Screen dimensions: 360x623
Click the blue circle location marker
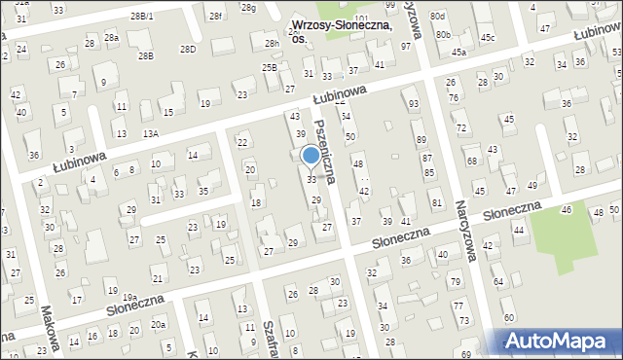pyautogui.click(x=311, y=155)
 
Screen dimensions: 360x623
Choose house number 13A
pyautogui.click(x=150, y=133)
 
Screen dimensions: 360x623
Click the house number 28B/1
pyautogui.click(x=141, y=17)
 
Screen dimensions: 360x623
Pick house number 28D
pyautogui.click(x=187, y=49)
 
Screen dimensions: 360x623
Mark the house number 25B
pyautogui.click(x=269, y=67)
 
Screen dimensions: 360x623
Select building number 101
pyautogui.click(x=361, y=18)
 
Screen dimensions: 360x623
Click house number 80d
pyautogui.click(x=438, y=17)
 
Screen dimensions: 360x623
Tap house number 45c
pyautogui.click(x=487, y=38)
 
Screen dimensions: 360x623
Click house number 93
pyautogui.click(x=414, y=104)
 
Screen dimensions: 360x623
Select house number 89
pyautogui.click(x=421, y=126)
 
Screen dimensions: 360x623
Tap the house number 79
pyautogui.click(x=456, y=282)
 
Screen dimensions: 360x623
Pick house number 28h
pyautogui.click(x=272, y=44)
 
